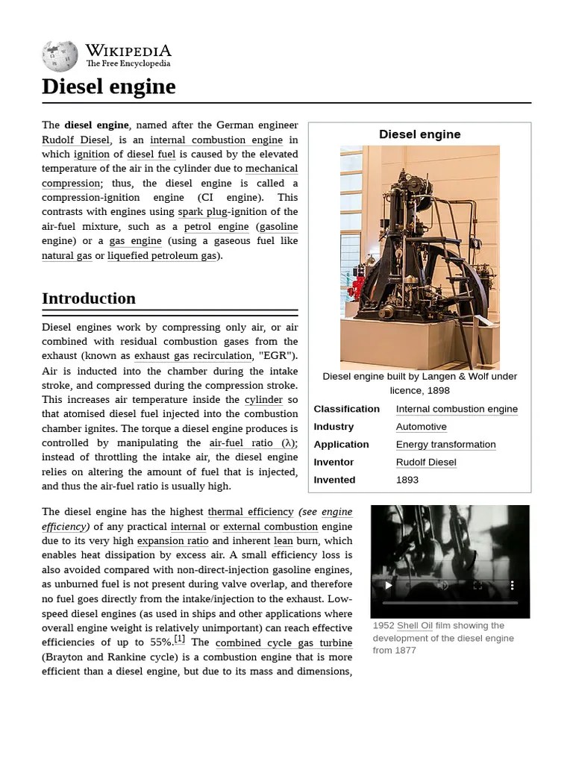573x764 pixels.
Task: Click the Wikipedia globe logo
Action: [x=60, y=56]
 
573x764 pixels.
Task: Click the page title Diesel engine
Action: [x=109, y=87]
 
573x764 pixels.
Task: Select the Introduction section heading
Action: [x=89, y=298]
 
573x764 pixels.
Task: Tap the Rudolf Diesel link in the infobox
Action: [x=426, y=462]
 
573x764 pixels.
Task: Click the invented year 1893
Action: [x=407, y=480]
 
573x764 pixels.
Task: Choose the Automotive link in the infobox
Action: [x=422, y=427]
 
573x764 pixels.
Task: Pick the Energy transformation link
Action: [x=445, y=445]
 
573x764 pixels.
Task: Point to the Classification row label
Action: [x=347, y=409]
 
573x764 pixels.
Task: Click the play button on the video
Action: [x=388, y=586]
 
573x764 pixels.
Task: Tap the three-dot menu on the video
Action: [x=512, y=586]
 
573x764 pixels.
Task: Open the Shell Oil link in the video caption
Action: [x=415, y=626]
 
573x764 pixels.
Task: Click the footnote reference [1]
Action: [x=179, y=639]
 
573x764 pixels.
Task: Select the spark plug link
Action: [x=202, y=212]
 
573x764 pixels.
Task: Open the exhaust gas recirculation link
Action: [x=192, y=356]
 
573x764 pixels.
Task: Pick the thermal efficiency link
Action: [x=251, y=512]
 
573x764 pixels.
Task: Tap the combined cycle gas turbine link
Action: [x=284, y=642]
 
